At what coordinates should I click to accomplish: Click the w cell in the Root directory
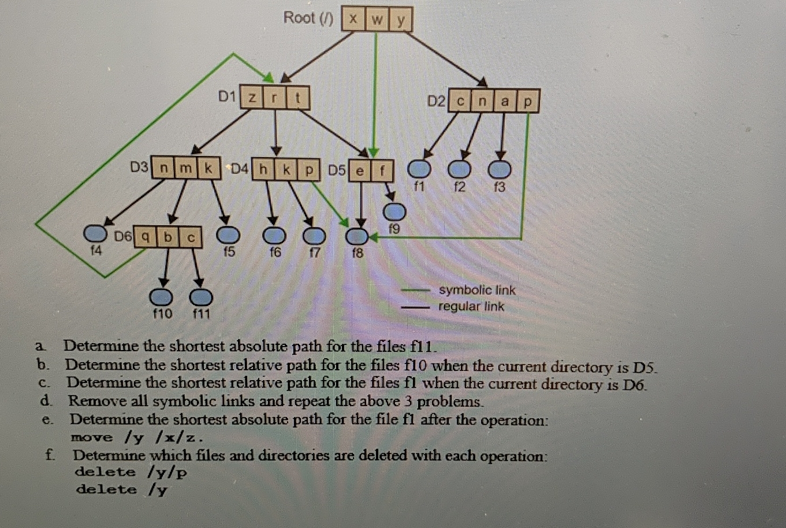[x=377, y=20]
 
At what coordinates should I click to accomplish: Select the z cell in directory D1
[x=252, y=98]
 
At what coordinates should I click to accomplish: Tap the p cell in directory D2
[x=527, y=102]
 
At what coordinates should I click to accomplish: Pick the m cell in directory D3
[x=185, y=168]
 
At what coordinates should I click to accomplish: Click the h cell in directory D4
[x=264, y=169]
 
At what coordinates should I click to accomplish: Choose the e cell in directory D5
[x=359, y=170]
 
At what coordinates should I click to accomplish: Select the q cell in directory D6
[x=146, y=237]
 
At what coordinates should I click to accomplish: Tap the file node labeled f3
[x=500, y=169]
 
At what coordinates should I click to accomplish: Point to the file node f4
[x=95, y=233]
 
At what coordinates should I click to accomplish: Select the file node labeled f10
[x=162, y=296]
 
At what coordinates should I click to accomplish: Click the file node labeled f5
[x=228, y=235]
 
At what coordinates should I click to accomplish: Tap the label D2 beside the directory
[x=437, y=101]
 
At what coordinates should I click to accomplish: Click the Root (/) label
[x=308, y=18]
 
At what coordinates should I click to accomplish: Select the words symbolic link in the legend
[x=477, y=290]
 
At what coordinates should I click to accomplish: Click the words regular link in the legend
[x=471, y=306]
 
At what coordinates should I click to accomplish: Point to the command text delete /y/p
[x=131, y=472]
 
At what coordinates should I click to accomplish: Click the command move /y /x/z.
[x=137, y=437]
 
